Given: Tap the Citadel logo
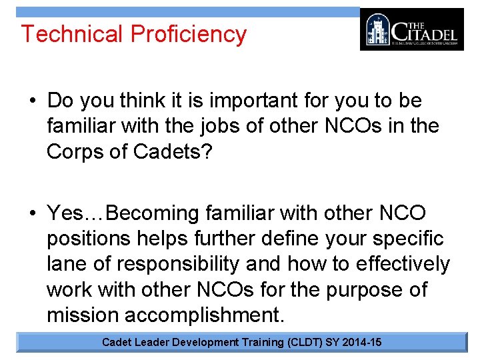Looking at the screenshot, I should [411, 29].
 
